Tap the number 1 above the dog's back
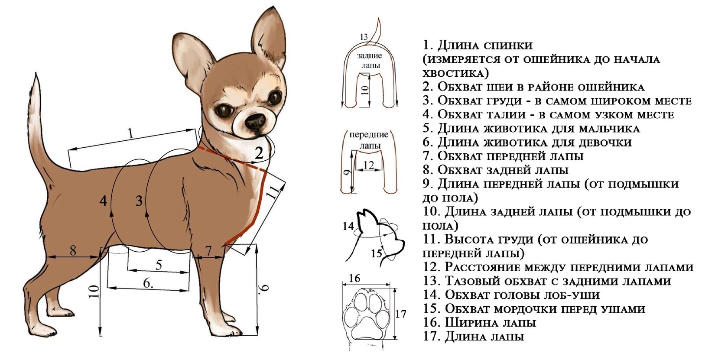tap(131, 133)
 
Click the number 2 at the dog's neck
tap(259, 153)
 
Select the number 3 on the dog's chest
tap(139, 201)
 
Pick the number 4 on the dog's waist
tap(103, 201)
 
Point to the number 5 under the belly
tap(159, 265)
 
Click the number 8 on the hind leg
tap(73, 250)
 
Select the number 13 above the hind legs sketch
tap(364, 37)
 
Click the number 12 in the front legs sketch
tap(369, 165)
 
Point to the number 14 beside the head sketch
tap(348, 226)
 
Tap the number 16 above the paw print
tap(354, 279)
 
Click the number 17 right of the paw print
tap(401, 314)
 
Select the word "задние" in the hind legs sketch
tap(370, 55)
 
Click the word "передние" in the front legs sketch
tap(369, 134)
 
